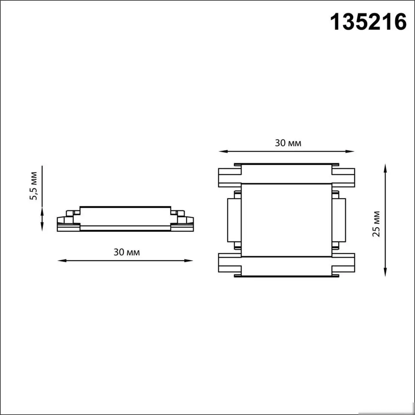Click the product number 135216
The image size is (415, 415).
[x=369, y=22]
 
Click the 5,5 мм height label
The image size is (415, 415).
[x=34, y=186]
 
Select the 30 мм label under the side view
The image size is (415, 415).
[x=126, y=252]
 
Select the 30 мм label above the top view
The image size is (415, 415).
[x=288, y=143]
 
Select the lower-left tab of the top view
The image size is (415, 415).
[x=229, y=263]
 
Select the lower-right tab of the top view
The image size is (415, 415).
[x=343, y=263]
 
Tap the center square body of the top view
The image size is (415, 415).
[x=286, y=220]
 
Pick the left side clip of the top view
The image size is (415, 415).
[x=234, y=220]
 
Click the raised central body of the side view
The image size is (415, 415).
[x=126, y=216]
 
